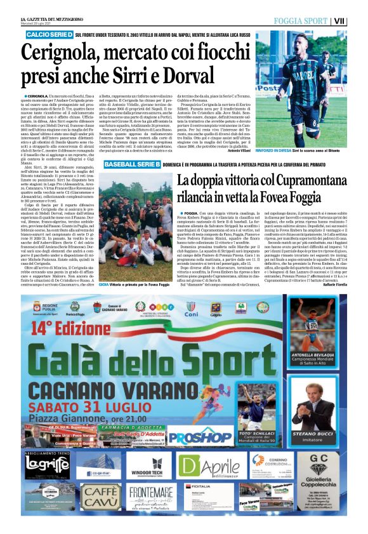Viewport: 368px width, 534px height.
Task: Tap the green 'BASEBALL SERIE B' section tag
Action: coord(132,164)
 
